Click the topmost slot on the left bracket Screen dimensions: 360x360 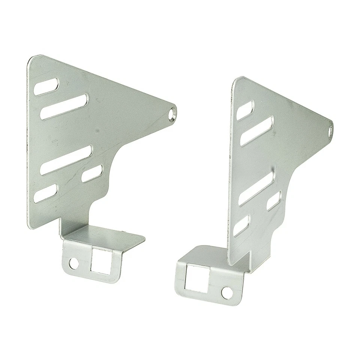(x=46, y=87)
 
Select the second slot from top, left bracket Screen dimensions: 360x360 (x=64, y=106)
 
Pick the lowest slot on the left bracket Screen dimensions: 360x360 (x=45, y=193)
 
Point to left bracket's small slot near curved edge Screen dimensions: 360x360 (x=92, y=173)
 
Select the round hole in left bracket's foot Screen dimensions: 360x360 (x=74, y=264)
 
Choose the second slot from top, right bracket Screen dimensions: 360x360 (x=256, y=131)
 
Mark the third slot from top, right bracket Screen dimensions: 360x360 (x=257, y=187)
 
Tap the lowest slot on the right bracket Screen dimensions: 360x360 (x=242, y=225)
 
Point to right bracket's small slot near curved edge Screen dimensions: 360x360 (x=274, y=201)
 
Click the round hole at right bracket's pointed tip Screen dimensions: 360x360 (x=330, y=130)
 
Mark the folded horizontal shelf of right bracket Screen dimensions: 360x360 (x=208, y=255)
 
